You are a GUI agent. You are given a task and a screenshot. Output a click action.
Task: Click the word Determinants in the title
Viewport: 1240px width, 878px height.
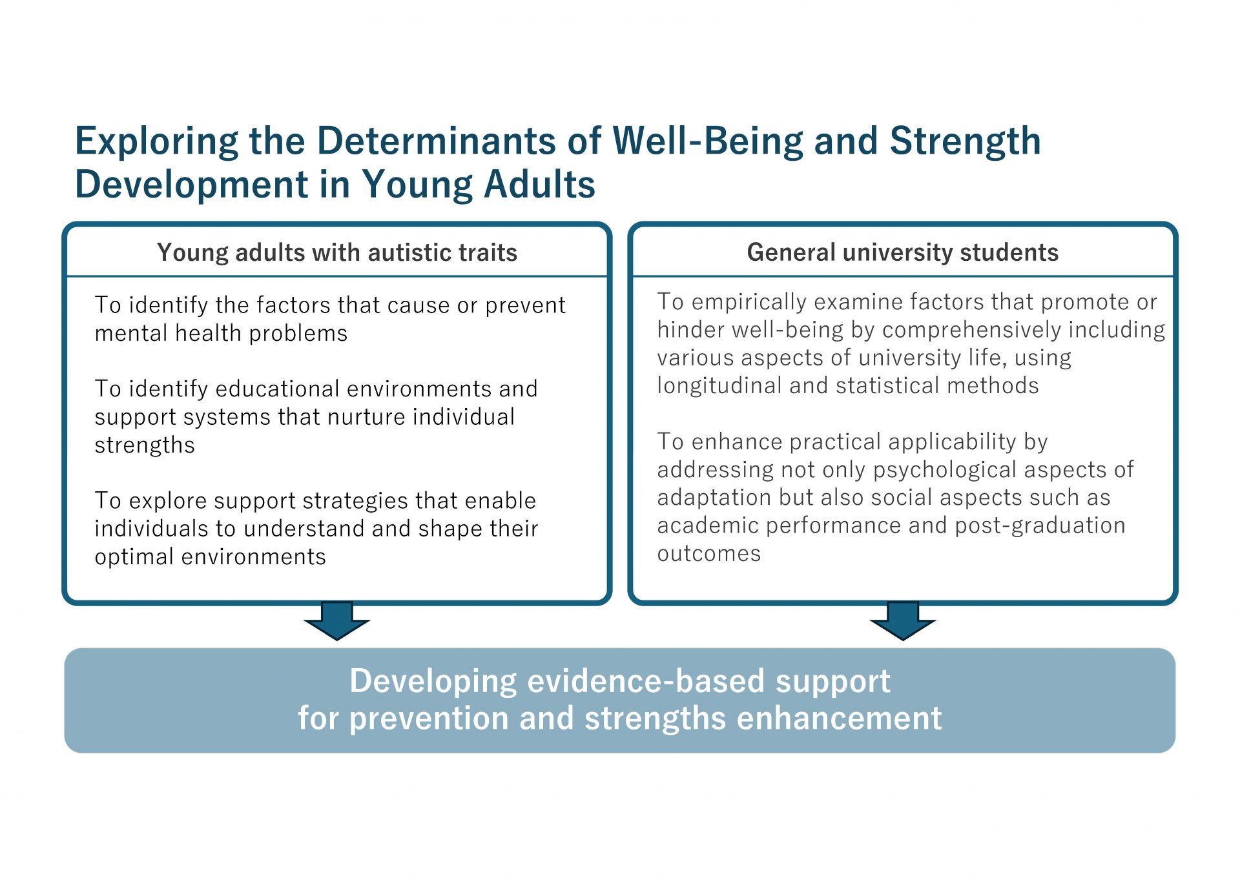click(436, 141)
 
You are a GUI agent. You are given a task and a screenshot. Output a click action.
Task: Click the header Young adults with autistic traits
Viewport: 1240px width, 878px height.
click(337, 252)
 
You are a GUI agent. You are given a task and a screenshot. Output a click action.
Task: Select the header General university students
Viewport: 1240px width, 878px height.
click(903, 252)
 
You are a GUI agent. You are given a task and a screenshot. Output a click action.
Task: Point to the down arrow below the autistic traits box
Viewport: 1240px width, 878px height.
click(337, 620)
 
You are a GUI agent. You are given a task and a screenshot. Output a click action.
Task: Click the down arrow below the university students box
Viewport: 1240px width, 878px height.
click(903, 620)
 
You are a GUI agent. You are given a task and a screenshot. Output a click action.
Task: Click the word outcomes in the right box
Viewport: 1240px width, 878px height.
click(709, 554)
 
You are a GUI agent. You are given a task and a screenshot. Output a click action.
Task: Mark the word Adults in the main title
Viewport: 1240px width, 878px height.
click(539, 185)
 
